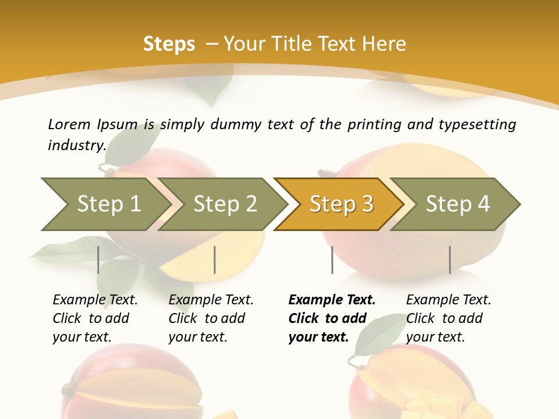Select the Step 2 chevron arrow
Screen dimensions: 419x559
[224, 204]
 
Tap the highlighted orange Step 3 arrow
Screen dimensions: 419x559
[341, 204]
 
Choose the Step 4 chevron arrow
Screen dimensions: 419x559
[458, 204]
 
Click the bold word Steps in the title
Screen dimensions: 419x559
[169, 44]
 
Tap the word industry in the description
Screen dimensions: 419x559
[76, 145]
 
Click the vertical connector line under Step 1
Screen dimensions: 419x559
[98, 260]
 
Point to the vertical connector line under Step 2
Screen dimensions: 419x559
[215, 260]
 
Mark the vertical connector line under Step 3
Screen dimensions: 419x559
[332, 260]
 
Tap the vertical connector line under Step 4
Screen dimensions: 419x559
[450, 260]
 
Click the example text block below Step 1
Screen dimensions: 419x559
[95, 318]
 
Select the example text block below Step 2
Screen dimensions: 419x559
[211, 318]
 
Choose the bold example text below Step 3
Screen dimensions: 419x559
[331, 318]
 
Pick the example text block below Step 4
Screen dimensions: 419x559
[448, 318]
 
